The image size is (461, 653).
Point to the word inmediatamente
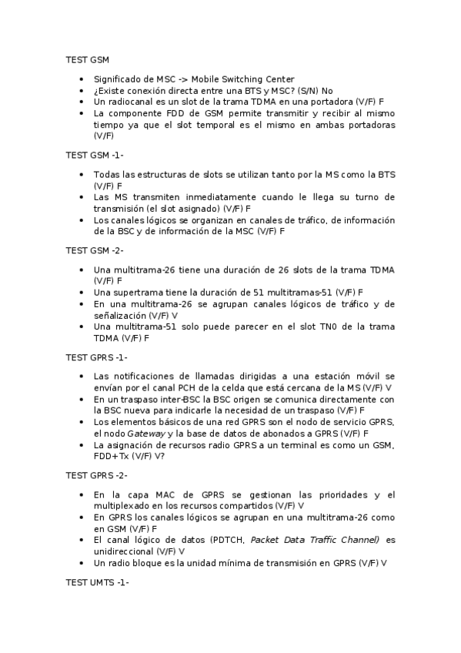pyautogui.click(x=219, y=197)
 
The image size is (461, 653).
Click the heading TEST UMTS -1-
pyautogui.click(x=97, y=582)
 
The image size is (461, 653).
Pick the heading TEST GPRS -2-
pyautogui.click(x=97, y=475)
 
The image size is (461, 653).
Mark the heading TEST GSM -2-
pyautogui.click(x=95, y=250)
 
